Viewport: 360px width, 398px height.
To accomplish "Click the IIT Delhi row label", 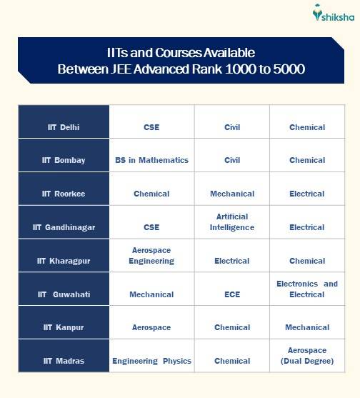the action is (x=64, y=127).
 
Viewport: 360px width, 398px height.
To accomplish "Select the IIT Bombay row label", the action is (x=64, y=160).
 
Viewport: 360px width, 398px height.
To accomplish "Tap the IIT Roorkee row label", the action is (x=64, y=194).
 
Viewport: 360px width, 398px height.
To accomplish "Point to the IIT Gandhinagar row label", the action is (x=64, y=227).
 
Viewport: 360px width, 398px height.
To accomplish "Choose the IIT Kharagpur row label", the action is (x=64, y=261).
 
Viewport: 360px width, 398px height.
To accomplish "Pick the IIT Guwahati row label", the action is (x=64, y=294).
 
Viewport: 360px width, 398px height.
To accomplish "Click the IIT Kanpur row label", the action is (x=64, y=327).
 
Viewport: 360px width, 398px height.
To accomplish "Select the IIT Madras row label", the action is (x=64, y=361).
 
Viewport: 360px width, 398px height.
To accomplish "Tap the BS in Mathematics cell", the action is (x=151, y=160).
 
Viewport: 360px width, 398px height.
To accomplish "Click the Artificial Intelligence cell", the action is (x=232, y=222).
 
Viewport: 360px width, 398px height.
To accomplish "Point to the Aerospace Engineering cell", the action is (x=151, y=256).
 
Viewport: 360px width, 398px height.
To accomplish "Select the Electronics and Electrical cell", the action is (x=307, y=289).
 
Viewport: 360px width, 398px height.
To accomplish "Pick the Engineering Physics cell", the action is (x=151, y=361).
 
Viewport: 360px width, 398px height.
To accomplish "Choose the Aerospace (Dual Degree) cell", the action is (x=307, y=356).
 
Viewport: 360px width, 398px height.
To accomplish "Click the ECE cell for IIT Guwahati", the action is (x=232, y=294).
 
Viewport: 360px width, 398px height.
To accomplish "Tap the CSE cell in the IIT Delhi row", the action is (x=151, y=127).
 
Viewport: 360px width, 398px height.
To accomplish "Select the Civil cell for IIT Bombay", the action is (x=232, y=160).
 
